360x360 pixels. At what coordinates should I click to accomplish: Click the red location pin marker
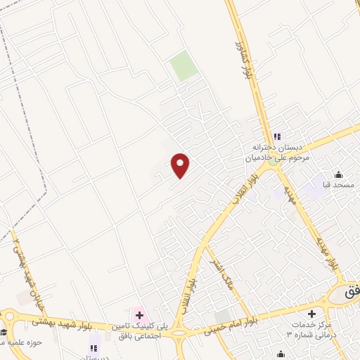pos(181,165)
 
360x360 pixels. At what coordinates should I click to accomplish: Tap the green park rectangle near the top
pos(183,66)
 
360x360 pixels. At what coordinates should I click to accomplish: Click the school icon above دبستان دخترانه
pos(276,136)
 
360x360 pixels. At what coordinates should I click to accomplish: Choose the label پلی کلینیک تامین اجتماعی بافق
pos(147,332)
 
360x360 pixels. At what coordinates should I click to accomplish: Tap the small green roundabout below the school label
pos(267,168)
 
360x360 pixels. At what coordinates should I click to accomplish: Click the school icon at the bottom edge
pos(94,347)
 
